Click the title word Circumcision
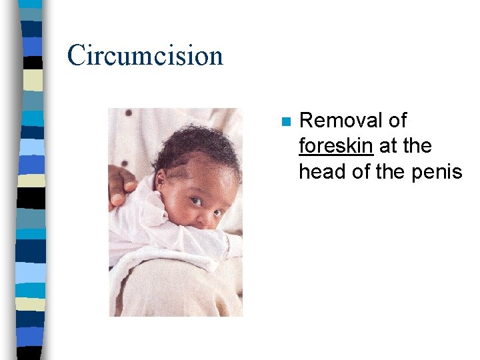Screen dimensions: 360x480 click(x=145, y=55)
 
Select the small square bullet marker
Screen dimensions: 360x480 click(x=285, y=122)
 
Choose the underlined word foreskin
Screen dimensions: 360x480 click(x=336, y=146)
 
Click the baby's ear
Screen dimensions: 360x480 click(x=160, y=181)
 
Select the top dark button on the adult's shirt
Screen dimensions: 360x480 click(x=128, y=113)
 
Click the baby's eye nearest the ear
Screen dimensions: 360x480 click(x=195, y=201)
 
